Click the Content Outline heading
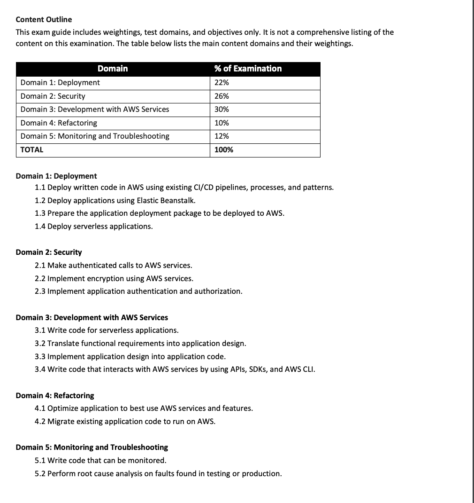tap(44, 19)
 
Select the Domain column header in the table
tap(113, 69)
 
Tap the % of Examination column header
tap(248, 69)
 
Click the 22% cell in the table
tap(222, 83)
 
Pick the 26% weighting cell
tap(222, 96)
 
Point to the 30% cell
tap(222, 109)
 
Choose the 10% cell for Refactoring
tap(222, 123)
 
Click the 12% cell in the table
tap(222, 136)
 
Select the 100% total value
tap(224, 149)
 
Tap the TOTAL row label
tap(32, 149)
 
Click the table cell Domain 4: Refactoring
tap(59, 123)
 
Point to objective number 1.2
tap(40, 200)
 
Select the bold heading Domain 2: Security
tap(49, 252)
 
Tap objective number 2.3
tap(40, 291)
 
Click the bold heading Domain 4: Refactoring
tap(55, 395)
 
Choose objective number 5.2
tap(40, 473)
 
